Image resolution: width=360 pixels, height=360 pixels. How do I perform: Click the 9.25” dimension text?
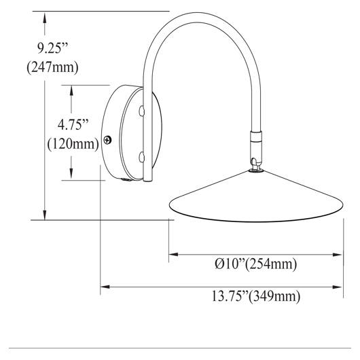(53, 48)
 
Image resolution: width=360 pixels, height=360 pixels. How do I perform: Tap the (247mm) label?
(52, 67)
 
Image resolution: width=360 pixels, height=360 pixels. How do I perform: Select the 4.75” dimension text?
(73, 125)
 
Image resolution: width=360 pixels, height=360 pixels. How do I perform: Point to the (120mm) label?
(73, 144)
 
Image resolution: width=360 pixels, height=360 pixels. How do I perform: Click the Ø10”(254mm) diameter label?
(256, 264)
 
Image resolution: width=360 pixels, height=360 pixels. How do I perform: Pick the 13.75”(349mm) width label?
(256, 296)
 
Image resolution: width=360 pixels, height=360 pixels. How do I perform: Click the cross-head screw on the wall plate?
(107, 140)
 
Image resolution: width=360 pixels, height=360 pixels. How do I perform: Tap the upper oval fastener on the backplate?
(142, 111)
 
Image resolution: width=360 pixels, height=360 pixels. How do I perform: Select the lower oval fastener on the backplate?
(142, 158)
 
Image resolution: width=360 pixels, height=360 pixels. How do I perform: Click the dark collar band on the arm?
(256, 136)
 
